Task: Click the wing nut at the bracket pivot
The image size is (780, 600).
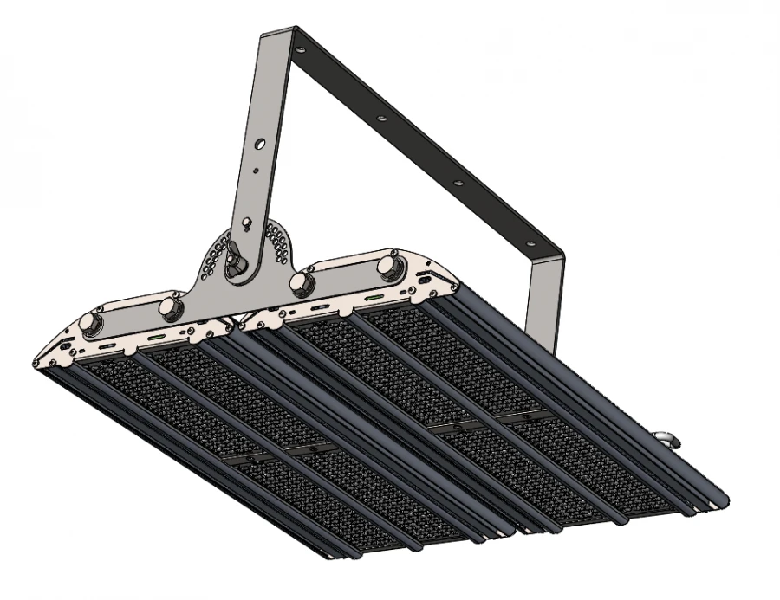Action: point(236,261)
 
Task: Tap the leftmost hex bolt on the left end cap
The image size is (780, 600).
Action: point(89,323)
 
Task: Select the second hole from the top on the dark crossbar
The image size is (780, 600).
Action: point(378,115)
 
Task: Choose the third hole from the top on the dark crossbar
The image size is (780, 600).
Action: point(458,182)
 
